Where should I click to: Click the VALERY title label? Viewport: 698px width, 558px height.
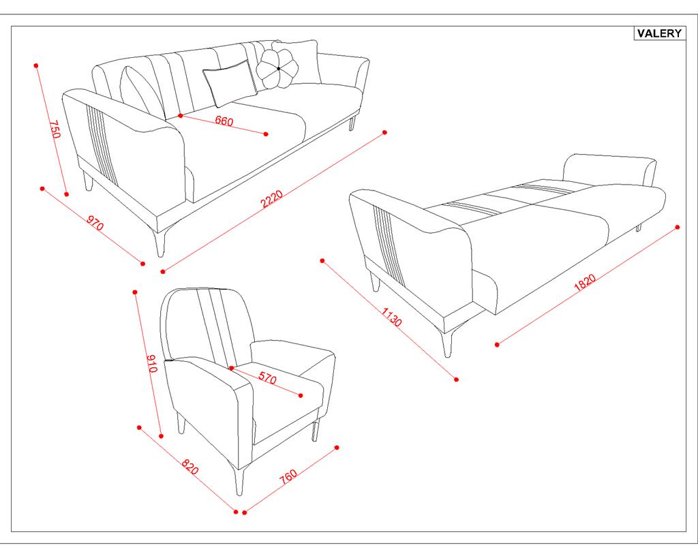tap(659, 33)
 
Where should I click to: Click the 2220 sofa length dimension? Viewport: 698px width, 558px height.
tap(271, 198)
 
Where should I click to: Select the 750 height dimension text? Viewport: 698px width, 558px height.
tap(55, 129)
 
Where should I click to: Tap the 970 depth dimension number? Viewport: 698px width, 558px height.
tap(95, 223)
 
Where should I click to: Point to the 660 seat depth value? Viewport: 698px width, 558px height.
tap(224, 121)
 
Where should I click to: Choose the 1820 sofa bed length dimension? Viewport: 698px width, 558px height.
tap(584, 283)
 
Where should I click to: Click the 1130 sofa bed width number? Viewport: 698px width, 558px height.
tap(391, 316)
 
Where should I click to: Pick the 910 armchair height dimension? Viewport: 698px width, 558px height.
tap(151, 363)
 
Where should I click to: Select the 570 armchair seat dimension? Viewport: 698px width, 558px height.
tap(267, 378)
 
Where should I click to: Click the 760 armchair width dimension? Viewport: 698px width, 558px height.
tap(288, 476)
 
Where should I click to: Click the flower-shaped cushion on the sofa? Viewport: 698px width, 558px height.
tap(277, 69)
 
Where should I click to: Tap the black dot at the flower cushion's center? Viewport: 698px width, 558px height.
tap(279, 69)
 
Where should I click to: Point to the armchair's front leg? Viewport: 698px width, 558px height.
tap(239, 480)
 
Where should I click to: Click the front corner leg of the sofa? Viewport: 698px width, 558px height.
tap(160, 243)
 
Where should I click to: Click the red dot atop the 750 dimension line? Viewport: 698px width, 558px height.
tap(36, 65)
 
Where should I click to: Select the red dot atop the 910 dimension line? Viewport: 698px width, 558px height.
tap(135, 292)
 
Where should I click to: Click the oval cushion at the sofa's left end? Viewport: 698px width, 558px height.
tap(142, 93)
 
